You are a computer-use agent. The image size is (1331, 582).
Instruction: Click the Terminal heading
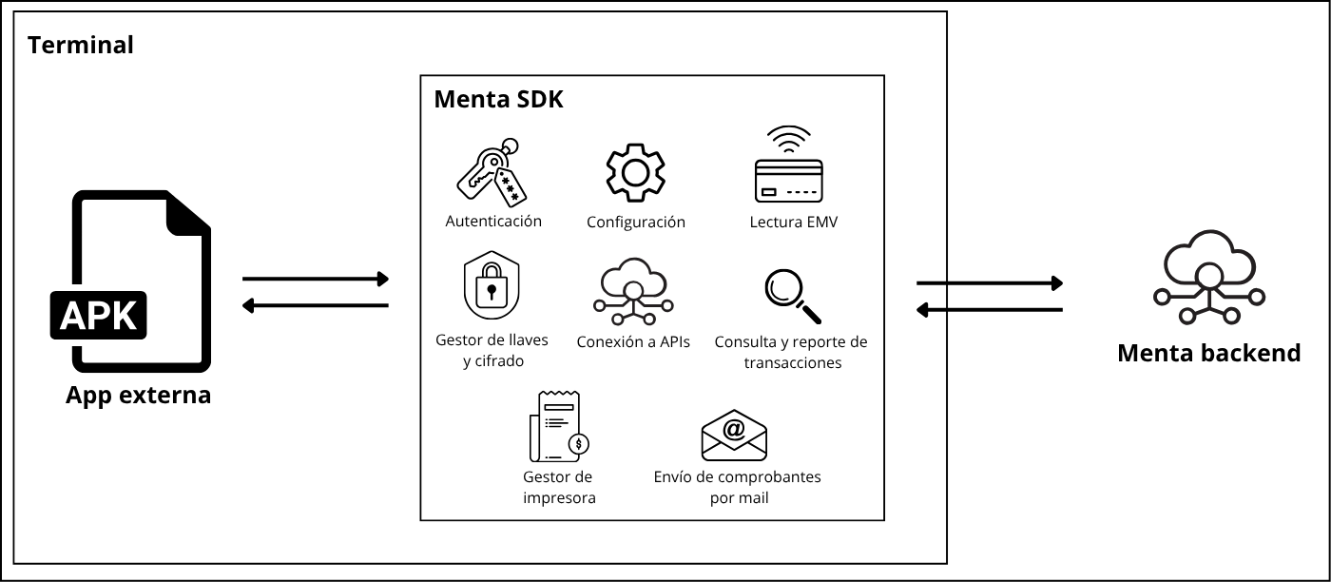click(x=81, y=45)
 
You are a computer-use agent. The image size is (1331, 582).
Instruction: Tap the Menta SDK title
click(x=498, y=100)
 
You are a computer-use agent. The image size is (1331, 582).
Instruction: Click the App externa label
click(x=139, y=395)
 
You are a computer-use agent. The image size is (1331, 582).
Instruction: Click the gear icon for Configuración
click(x=635, y=173)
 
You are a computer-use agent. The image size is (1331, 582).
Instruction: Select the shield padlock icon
click(x=492, y=288)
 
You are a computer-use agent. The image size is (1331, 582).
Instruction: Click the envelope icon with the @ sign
click(x=734, y=436)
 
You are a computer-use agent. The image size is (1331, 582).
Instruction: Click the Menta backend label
click(x=1208, y=354)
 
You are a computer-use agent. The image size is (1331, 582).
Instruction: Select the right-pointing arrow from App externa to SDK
click(x=316, y=279)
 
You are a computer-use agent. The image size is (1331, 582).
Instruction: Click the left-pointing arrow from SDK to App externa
click(x=316, y=305)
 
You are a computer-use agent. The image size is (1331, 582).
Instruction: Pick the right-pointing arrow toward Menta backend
click(x=989, y=283)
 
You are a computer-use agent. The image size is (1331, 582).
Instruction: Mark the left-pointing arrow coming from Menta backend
click(x=989, y=310)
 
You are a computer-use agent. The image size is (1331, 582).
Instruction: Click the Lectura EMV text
click(x=793, y=223)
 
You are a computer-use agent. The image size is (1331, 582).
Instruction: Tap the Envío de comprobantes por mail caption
click(x=737, y=487)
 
